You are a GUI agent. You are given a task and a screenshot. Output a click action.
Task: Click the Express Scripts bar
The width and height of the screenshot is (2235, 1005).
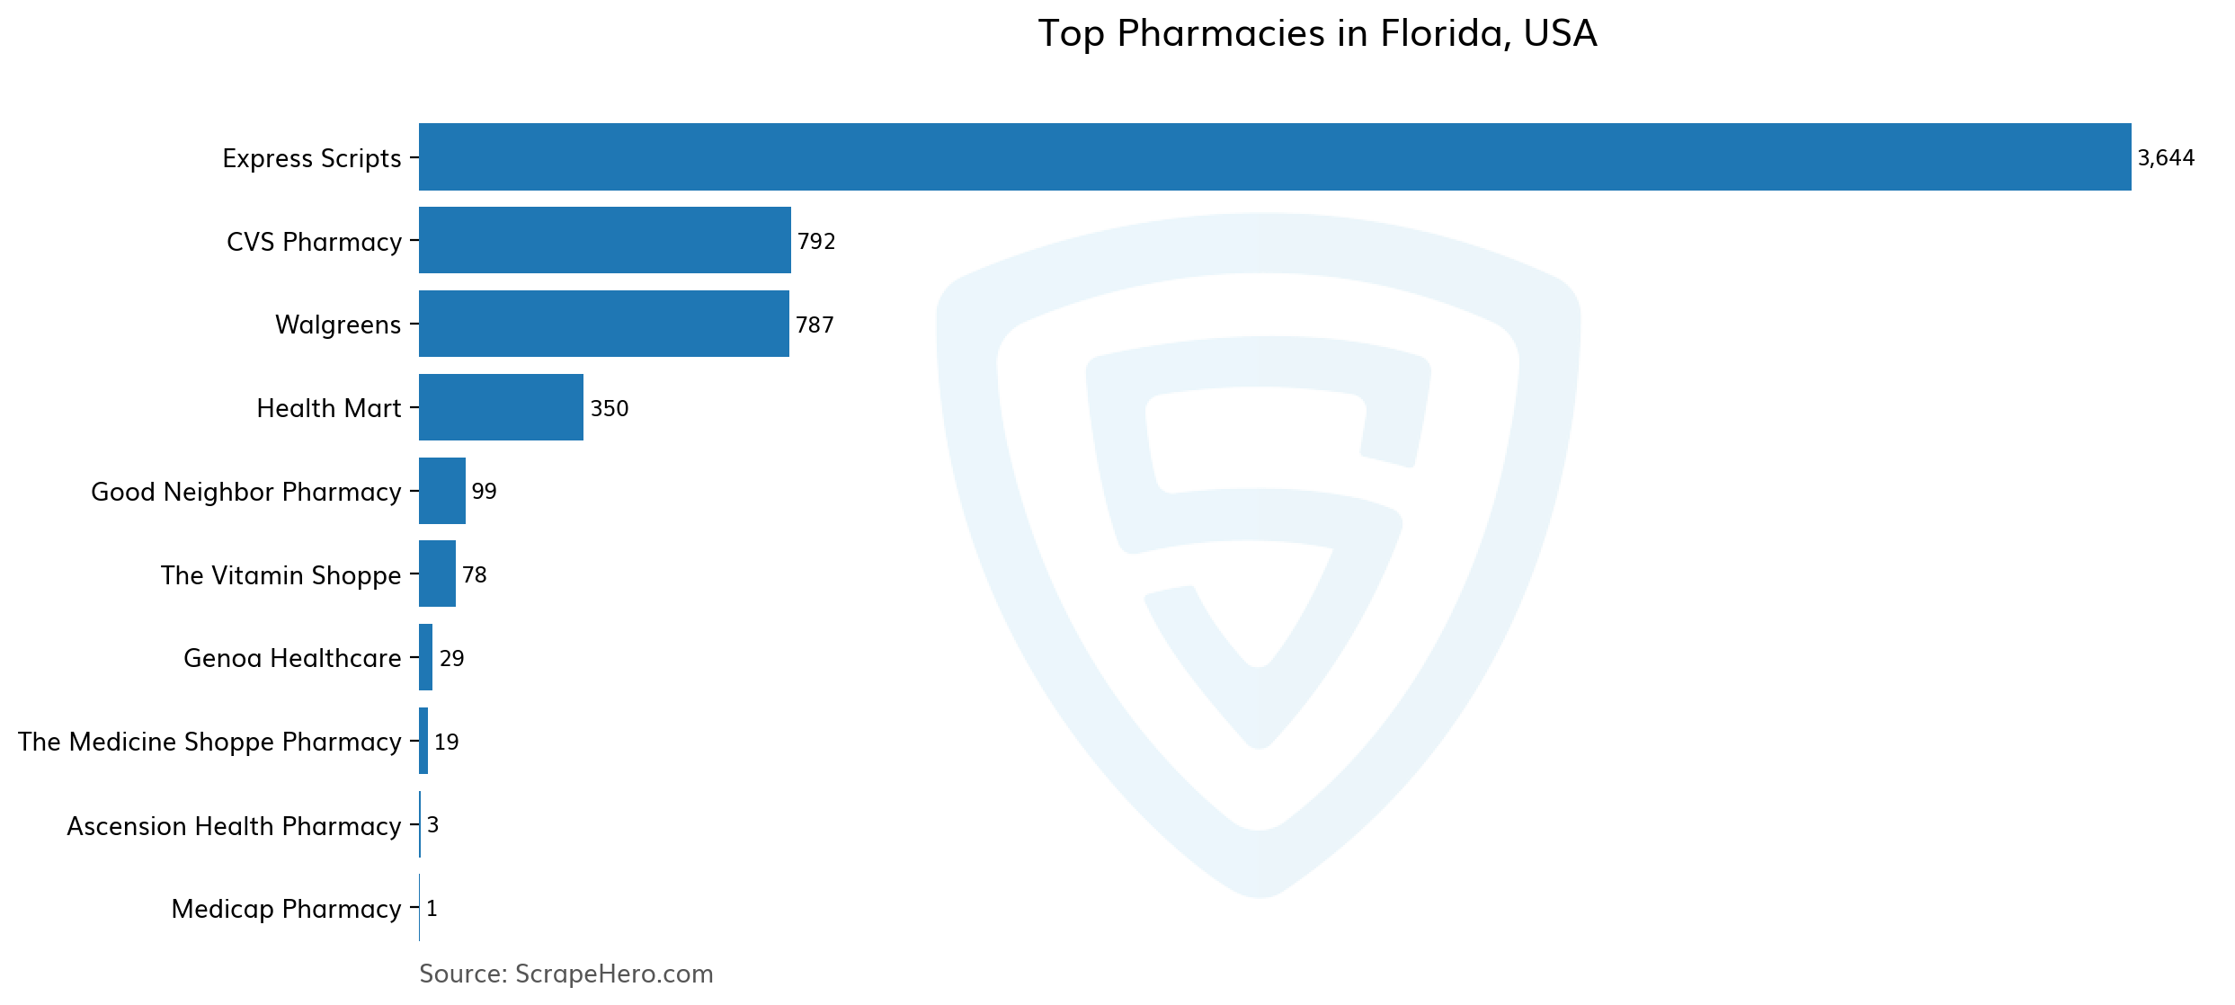1275,157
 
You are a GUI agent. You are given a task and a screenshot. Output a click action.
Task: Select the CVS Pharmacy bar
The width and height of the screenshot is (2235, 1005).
605,240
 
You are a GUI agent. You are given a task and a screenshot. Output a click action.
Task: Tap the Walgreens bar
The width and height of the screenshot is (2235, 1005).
604,324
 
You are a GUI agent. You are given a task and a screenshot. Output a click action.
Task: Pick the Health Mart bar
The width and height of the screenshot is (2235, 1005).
501,407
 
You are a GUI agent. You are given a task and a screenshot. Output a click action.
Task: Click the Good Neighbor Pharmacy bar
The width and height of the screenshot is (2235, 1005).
442,491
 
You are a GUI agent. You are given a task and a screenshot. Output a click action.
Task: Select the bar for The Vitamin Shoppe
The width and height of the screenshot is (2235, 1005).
437,574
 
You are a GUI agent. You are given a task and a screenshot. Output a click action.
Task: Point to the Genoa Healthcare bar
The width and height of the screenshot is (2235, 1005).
426,657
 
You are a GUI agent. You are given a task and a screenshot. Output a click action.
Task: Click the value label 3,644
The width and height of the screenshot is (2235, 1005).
2166,158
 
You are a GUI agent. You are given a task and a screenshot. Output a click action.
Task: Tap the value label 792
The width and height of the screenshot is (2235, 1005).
816,241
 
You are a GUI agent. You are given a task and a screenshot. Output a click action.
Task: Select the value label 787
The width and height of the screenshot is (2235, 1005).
815,325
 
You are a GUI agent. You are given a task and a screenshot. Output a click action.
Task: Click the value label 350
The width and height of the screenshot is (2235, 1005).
609,408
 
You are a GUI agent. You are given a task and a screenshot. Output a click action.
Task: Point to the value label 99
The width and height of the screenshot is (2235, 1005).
484,492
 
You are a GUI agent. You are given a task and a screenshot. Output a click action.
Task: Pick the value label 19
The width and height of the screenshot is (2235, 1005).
446,742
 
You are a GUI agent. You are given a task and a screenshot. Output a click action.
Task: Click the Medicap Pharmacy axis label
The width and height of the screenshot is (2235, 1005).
286,909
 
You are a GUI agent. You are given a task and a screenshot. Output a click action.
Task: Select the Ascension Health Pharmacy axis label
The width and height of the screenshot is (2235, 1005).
234,826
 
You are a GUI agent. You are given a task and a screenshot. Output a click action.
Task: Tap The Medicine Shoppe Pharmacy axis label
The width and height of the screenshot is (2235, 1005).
209,742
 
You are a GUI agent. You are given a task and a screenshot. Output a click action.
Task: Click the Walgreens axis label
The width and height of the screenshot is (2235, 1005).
338,325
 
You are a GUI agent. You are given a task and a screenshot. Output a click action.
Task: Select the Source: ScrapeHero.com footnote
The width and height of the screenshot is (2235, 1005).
565,974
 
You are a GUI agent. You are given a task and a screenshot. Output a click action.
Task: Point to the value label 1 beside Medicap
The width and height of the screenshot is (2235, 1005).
432,909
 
